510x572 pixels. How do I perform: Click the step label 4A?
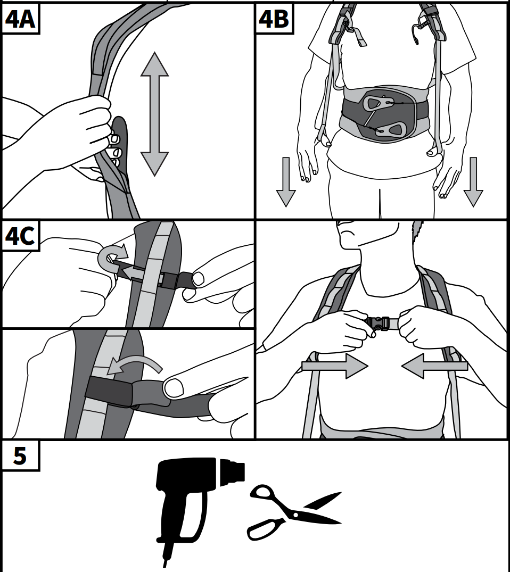(20, 19)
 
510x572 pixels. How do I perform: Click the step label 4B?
(274, 19)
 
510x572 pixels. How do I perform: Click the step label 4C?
(20, 236)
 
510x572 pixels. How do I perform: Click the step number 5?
(20, 455)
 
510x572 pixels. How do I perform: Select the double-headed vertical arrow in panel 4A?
(154, 114)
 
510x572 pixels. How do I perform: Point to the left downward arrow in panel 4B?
(286, 182)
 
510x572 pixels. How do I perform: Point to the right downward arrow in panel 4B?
(473, 182)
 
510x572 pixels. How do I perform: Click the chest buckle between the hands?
(382, 324)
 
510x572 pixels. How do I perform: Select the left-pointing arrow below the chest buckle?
(434, 366)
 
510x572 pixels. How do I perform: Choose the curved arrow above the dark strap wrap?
(136, 364)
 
